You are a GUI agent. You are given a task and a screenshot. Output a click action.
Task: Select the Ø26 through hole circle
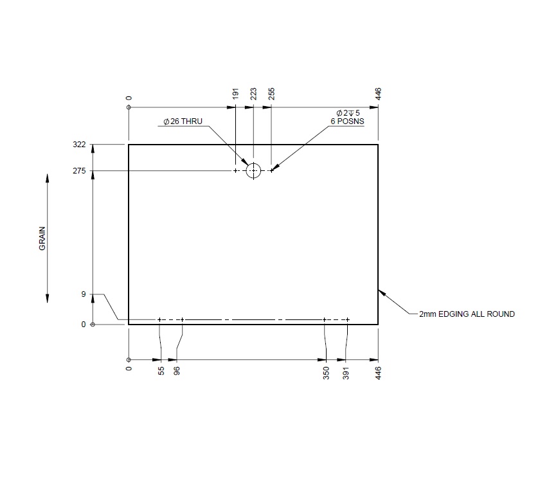253,170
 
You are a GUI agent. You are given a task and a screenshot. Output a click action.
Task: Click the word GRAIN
43,238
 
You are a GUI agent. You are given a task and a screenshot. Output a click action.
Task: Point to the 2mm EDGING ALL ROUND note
467,314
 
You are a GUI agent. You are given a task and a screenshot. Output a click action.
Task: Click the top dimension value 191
236,94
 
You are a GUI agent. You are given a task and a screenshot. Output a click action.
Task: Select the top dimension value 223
253,94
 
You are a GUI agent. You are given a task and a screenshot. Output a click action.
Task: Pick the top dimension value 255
271,94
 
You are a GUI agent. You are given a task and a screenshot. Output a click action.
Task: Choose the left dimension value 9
83,295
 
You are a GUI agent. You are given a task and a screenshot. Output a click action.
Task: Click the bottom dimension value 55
161,371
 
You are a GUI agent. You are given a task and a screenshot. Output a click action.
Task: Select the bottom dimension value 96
177,371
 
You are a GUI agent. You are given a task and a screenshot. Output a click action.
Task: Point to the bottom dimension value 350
326,372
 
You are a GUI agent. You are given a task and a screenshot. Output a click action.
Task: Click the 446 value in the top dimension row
378,94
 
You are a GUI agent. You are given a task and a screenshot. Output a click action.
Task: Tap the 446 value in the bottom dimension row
378,372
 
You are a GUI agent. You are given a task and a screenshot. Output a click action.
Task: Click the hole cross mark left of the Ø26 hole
236,170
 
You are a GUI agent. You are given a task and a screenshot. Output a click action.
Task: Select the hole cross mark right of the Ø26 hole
271,170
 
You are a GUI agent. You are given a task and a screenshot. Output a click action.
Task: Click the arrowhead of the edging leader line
380,291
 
